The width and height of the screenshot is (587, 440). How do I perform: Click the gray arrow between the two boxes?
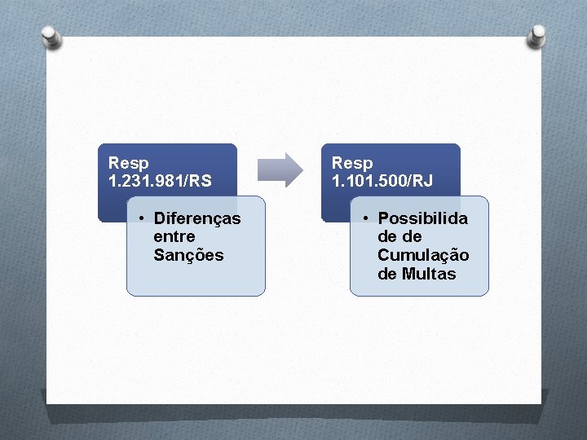coord(280,169)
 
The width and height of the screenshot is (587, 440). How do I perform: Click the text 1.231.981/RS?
coord(159,180)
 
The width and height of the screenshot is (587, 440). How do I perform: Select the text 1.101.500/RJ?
coord(382,180)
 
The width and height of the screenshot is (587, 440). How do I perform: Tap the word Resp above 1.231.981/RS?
coord(128,163)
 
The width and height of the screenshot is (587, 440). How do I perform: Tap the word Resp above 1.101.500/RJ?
coord(352,163)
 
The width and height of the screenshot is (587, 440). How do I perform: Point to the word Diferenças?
coord(197,218)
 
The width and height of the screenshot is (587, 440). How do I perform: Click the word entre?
coord(174,236)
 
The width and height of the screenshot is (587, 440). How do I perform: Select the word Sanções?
coord(188,255)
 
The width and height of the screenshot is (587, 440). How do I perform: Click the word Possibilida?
coord(422,218)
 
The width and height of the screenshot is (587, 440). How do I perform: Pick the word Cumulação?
coord(423,255)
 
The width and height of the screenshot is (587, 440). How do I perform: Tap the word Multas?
coord(429,274)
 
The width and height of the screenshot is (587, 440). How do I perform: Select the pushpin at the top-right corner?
coord(538,35)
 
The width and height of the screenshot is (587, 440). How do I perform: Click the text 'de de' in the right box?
coord(399,236)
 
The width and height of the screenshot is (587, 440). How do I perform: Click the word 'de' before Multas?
coord(386,274)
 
